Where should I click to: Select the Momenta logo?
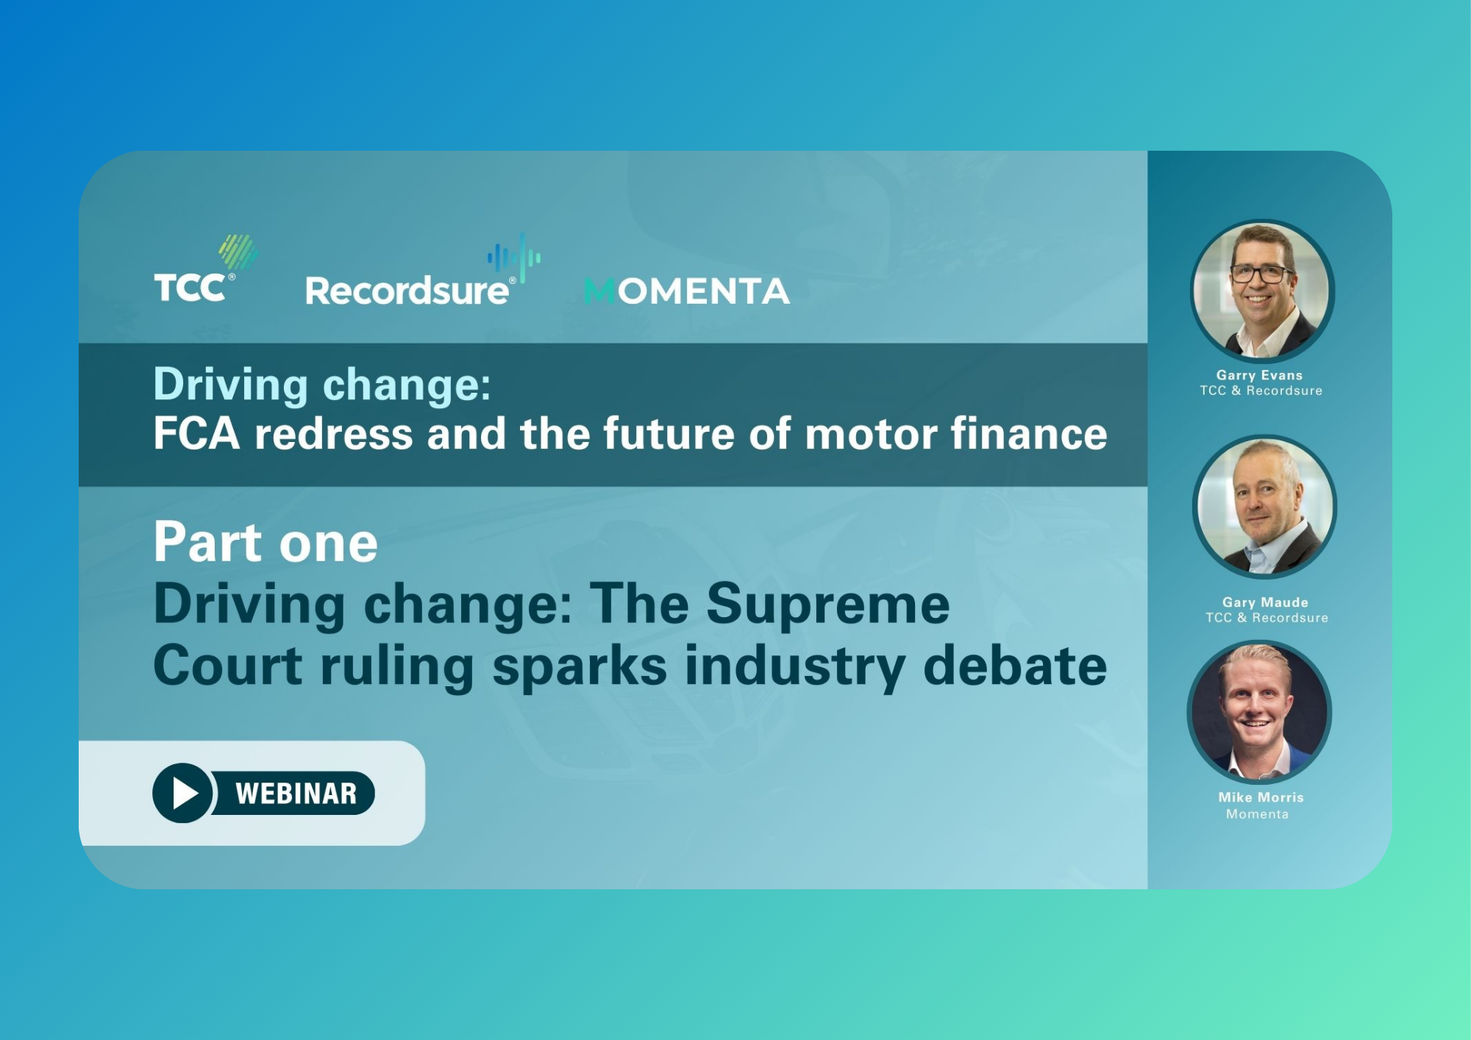pyautogui.click(x=687, y=291)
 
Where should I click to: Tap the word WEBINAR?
pyautogui.click(x=296, y=794)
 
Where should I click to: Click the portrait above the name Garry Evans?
pyautogui.click(x=1262, y=291)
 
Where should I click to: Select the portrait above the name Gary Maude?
pyautogui.click(x=1264, y=507)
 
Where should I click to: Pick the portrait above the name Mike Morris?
pyautogui.click(x=1259, y=711)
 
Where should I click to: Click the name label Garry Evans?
pyautogui.click(x=1259, y=375)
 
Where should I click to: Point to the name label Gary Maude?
pyautogui.click(x=1265, y=602)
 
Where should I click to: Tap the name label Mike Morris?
pyautogui.click(x=1261, y=797)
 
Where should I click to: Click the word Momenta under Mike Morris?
pyautogui.click(x=1257, y=814)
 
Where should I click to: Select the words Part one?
pyautogui.click(x=266, y=542)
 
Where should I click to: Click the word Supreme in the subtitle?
pyautogui.click(x=828, y=604)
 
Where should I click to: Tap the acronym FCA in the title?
pyautogui.click(x=196, y=433)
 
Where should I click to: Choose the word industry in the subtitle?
pyautogui.click(x=795, y=666)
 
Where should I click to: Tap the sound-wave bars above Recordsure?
pyautogui.click(x=514, y=257)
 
